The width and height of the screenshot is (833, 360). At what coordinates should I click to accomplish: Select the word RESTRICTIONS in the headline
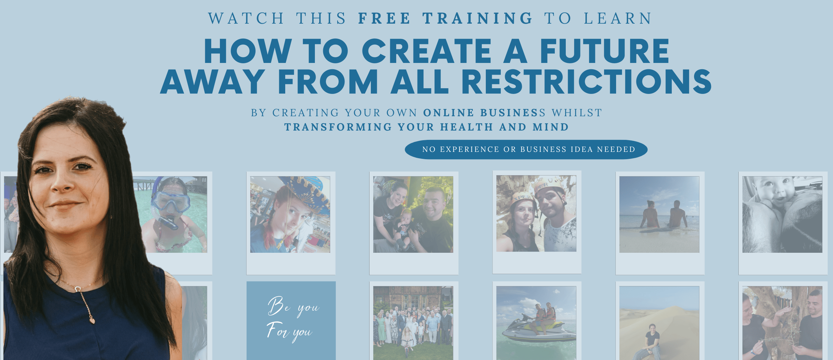tap(586, 82)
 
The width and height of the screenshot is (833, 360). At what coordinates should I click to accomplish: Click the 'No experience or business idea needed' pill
tap(526, 150)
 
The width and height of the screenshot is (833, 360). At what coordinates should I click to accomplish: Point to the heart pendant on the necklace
tap(92, 321)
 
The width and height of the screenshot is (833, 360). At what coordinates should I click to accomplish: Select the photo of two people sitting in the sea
tap(659, 214)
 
